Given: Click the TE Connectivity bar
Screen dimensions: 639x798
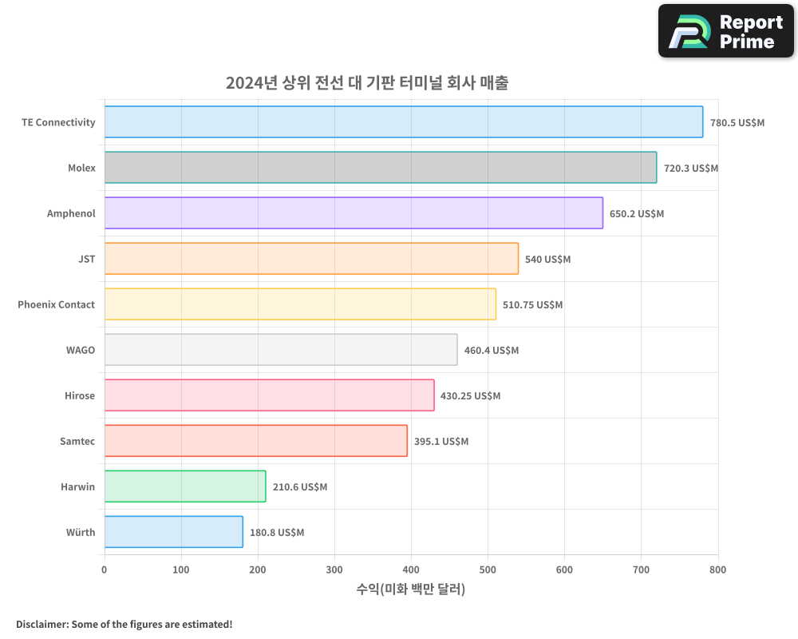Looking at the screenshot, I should [x=403, y=122].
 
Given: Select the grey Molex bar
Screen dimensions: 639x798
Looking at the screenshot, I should [x=380, y=168].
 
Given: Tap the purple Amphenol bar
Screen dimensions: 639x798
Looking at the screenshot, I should [x=354, y=213].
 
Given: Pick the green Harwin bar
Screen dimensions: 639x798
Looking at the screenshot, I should [x=184, y=486].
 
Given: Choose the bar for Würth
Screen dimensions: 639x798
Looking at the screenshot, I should [x=173, y=532].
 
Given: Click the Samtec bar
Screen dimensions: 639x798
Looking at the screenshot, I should [x=255, y=441].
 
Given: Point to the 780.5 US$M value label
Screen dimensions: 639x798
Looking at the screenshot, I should [x=737, y=123].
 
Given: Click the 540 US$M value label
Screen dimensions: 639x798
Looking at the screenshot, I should [x=547, y=260].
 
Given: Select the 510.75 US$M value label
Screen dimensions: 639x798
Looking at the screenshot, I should [x=532, y=305].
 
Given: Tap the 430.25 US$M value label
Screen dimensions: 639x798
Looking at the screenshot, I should [x=470, y=396].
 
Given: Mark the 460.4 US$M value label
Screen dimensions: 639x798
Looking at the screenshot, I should [x=491, y=351].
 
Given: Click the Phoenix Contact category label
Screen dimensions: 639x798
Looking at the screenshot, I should [x=56, y=304].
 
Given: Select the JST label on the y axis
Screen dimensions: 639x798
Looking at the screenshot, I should [x=86, y=259].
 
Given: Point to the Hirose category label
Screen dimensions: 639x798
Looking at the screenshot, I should [x=80, y=395].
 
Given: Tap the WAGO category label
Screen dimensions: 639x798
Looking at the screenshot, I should [x=81, y=350].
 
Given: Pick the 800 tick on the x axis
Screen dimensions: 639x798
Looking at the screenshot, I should [x=717, y=570].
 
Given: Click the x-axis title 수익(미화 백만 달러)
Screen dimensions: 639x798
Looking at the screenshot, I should [x=410, y=589].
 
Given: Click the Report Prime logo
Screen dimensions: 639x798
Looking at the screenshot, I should [x=725, y=31].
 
